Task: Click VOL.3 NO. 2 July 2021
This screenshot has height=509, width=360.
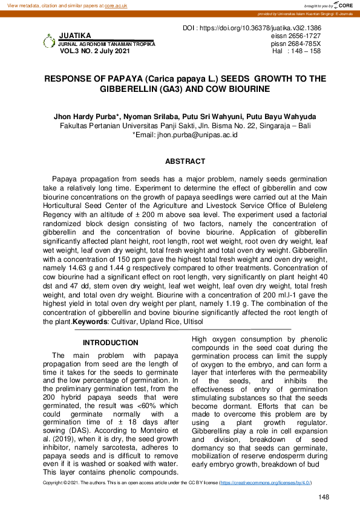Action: pyautogui.click(x=94, y=51)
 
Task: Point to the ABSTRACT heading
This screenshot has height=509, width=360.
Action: pyautogui.click(x=185, y=162)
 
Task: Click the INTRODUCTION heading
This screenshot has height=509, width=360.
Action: pyautogui.click(x=110, y=343)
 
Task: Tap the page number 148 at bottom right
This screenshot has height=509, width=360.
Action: pyautogui.click(x=323, y=497)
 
